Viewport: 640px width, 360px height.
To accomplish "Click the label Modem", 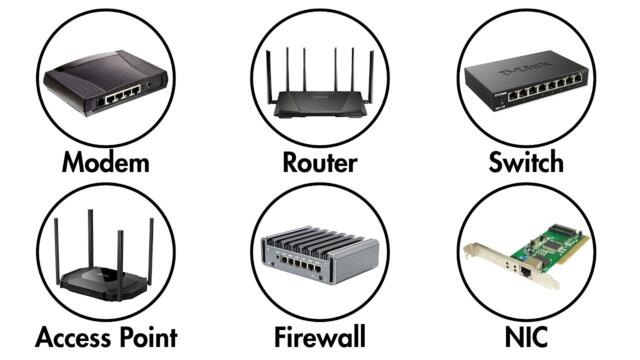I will coord(105,162).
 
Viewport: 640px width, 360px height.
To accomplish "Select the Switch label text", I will coord(526,162).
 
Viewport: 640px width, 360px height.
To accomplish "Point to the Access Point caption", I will coord(106,336).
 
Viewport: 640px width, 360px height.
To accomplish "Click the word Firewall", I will coord(319,336).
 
